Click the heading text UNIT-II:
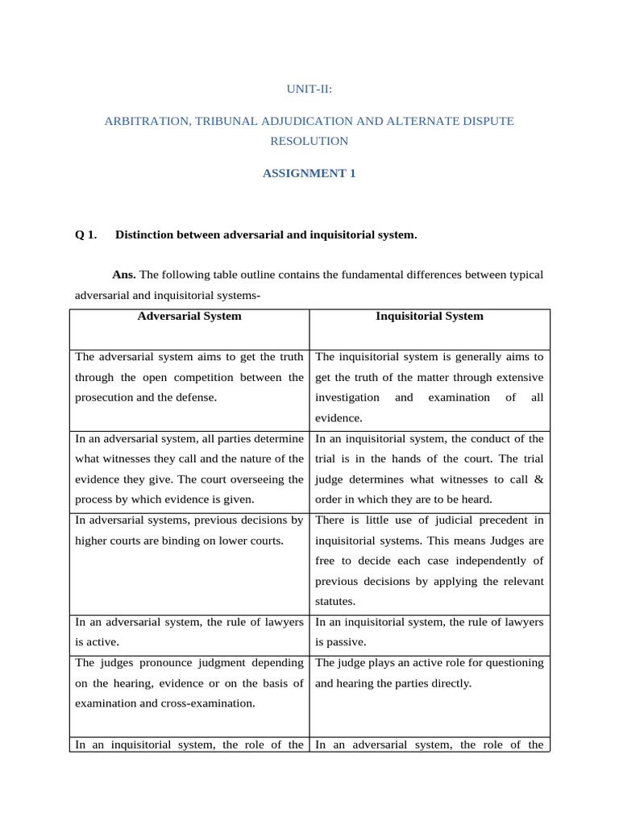(x=309, y=89)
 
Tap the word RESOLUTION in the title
(x=309, y=141)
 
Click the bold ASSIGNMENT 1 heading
(x=309, y=173)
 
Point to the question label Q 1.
(x=85, y=235)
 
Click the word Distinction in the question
(x=144, y=235)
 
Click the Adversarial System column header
(x=189, y=317)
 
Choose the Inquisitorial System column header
(x=430, y=317)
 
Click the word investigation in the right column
(x=347, y=397)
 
